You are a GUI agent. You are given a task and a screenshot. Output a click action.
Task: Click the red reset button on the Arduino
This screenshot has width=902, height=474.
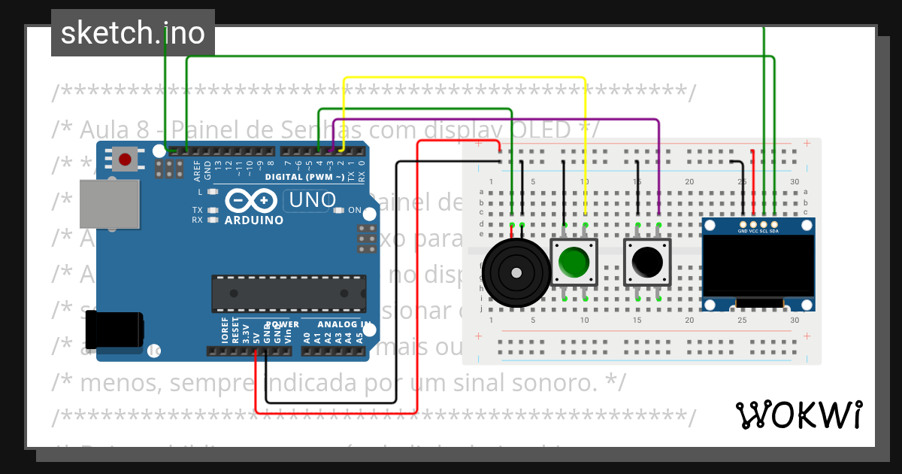125,159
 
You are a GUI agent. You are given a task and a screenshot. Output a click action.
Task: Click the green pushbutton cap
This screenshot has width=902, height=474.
574,262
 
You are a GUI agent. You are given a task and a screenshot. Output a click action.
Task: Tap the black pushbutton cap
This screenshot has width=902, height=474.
647,262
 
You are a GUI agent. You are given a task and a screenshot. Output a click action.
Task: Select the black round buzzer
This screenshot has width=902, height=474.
516,272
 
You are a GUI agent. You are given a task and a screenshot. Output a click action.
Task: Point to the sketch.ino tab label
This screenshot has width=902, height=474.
133,33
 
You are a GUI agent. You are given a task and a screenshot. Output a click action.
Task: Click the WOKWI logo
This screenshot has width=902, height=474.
798,415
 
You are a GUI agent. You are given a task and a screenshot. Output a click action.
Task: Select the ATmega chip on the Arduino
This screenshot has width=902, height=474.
289,293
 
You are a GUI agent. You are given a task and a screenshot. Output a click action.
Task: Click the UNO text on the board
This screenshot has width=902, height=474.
312,201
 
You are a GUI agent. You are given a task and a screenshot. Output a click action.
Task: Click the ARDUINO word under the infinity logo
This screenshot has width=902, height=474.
254,220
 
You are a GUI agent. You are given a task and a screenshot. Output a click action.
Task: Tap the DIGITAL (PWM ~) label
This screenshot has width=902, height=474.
304,178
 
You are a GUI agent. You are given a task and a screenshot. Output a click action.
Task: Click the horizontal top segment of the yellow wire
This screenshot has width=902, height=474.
465,77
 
